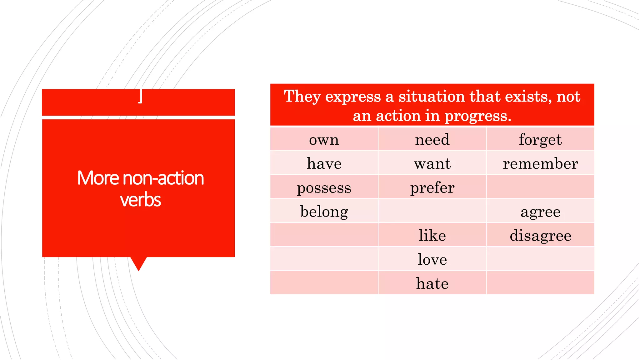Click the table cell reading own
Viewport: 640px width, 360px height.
pyautogui.click(x=324, y=140)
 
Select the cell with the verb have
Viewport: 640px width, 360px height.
pyautogui.click(x=324, y=164)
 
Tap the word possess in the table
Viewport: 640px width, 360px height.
pyautogui.click(x=324, y=188)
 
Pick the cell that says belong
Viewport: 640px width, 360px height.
pyautogui.click(x=324, y=212)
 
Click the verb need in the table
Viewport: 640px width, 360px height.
pyautogui.click(x=432, y=139)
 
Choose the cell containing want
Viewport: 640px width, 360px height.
pyautogui.click(x=432, y=164)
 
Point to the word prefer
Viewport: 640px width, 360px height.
pyautogui.click(x=432, y=188)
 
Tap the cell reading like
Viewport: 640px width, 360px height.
pyautogui.click(x=432, y=236)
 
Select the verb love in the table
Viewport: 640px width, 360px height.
pyautogui.click(x=432, y=260)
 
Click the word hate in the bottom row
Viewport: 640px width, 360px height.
pyautogui.click(x=432, y=284)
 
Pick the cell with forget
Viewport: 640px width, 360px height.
pyautogui.click(x=540, y=140)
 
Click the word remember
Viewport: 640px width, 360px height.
pyautogui.click(x=540, y=164)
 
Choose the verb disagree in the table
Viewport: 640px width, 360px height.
pyautogui.click(x=540, y=236)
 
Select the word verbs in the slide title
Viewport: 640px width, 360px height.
pyautogui.click(x=140, y=200)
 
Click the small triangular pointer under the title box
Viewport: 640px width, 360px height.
pyautogui.click(x=138, y=263)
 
